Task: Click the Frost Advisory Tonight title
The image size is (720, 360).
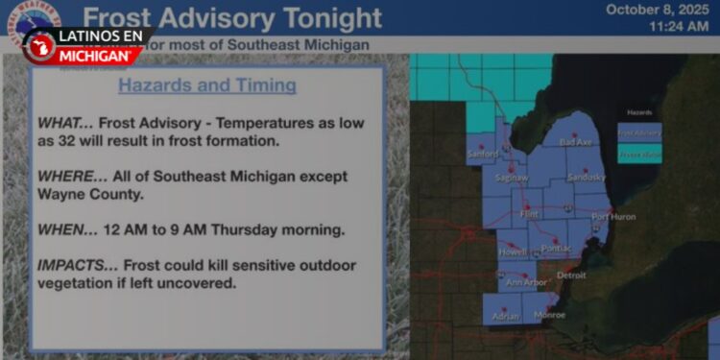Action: click(x=232, y=17)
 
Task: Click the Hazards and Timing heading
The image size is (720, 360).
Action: click(x=206, y=85)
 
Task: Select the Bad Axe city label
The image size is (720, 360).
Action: click(x=575, y=143)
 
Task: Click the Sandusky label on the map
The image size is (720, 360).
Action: click(x=586, y=178)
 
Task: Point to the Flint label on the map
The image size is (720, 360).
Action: click(x=529, y=214)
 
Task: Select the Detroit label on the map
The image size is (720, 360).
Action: click(x=571, y=275)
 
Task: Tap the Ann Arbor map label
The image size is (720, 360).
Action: click(x=526, y=282)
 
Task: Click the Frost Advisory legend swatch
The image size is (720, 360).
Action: click(x=638, y=132)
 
